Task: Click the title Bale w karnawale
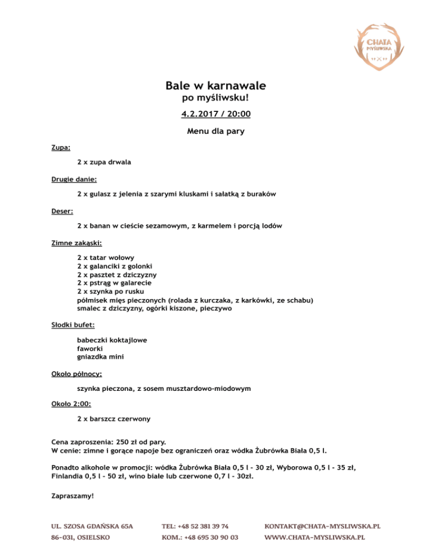pos(215,86)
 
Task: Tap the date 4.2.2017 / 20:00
pos(215,114)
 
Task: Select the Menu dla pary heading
pos(215,132)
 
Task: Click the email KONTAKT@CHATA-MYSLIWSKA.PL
pos(322,526)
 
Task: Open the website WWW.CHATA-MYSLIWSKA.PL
pos(314,538)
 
